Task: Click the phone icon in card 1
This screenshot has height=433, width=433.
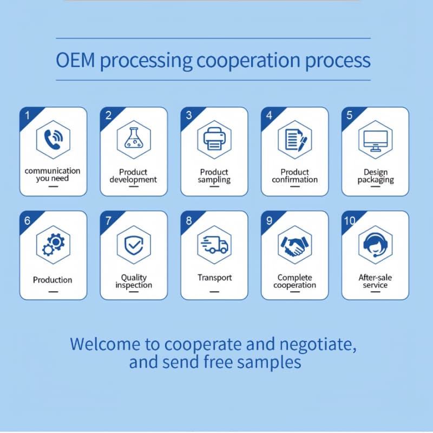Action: pyautogui.click(x=53, y=139)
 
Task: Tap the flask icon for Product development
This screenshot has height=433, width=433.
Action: pyautogui.click(x=134, y=139)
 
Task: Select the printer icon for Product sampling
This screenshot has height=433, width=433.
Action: pyautogui.click(x=214, y=139)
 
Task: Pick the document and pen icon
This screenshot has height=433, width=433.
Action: pyautogui.click(x=295, y=139)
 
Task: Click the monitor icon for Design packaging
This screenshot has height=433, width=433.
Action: pyautogui.click(x=375, y=139)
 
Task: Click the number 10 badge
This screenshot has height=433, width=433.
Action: pyautogui.click(x=350, y=220)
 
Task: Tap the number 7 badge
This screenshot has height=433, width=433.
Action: pyautogui.click(x=108, y=220)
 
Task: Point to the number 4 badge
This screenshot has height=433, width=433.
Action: pyautogui.click(x=269, y=115)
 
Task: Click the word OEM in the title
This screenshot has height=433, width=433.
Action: pyautogui.click(x=75, y=60)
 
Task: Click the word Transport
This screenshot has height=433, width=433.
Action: pyautogui.click(x=214, y=278)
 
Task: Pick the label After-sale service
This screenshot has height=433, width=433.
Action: pyautogui.click(x=375, y=281)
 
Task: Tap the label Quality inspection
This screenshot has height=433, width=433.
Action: pyautogui.click(x=134, y=281)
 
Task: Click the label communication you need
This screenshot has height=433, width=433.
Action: pyautogui.click(x=53, y=174)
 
